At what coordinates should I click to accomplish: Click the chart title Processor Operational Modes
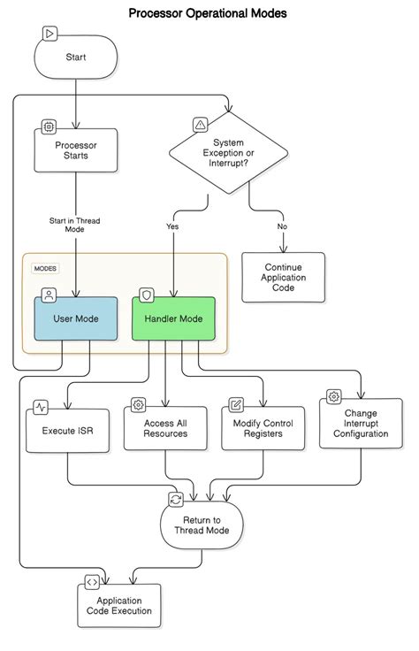point(208,13)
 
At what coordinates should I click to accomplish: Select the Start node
point(76,57)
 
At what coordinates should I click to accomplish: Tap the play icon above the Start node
point(49,34)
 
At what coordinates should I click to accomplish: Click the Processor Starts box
point(76,149)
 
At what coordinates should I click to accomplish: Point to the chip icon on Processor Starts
point(49,126)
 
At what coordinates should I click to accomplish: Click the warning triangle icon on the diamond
point(200,125)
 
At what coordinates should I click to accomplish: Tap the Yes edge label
point(172,226)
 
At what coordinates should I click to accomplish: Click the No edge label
point(282,226)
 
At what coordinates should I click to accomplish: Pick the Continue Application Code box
point(283,277)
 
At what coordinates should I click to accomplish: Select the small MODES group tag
point(44,268)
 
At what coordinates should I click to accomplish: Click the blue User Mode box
point(76,318)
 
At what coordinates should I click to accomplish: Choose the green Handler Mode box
point(173,318)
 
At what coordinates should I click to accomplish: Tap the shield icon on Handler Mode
point(147,295)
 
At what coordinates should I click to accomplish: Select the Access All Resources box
point(165,429)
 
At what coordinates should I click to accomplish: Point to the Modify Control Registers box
point(263,429)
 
